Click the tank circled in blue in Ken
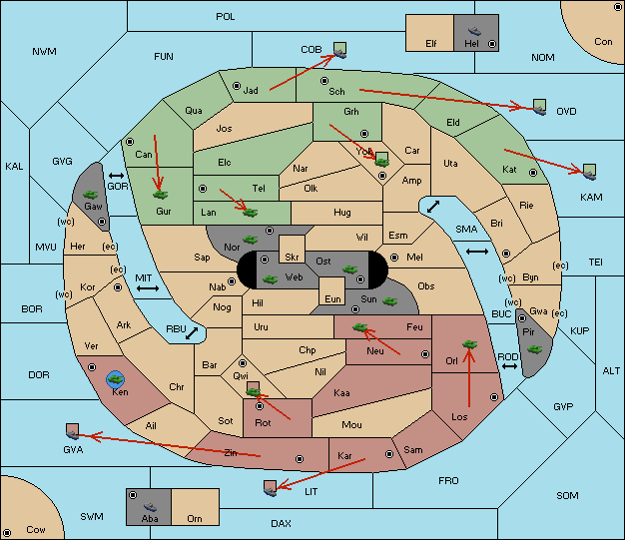pyautogui.click(x=116, y=379)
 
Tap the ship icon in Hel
pyautogui.click(x=474, y=31)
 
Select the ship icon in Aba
pyautogui.click(x=151, y=506)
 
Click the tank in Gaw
pyautogui.click(x=91, y=195)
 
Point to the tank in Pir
pyautogui.click(x=534, y=349)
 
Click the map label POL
pyautogui.click(x=226, y=17)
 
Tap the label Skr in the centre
pyautogui.click(x=292, y=258)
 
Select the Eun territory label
pyautogui.click(x=332, y=298)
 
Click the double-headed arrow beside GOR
pyautogui.click(x=116, y=176)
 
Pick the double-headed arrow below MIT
pyautogui.click(x=148, y=288)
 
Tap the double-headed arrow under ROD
pyautogui.click(x=509, y=366)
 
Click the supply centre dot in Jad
pyautogui.click(x=237, y=86)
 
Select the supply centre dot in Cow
pyautogui.click(x=7, y=533)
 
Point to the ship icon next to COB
pyautogui.click(x=340, y=54)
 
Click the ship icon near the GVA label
pyautogui.click(x=73, y=435)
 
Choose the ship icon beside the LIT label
pyautogui.click(x=270, y=492)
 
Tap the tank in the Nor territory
pyautogui.click(x=250, y=240)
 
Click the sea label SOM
pyautogui.click(x=567, y=495)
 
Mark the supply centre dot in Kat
pyautogui.click(x=533, y=173)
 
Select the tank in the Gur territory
pyautogui.click(x=160, y=195)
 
